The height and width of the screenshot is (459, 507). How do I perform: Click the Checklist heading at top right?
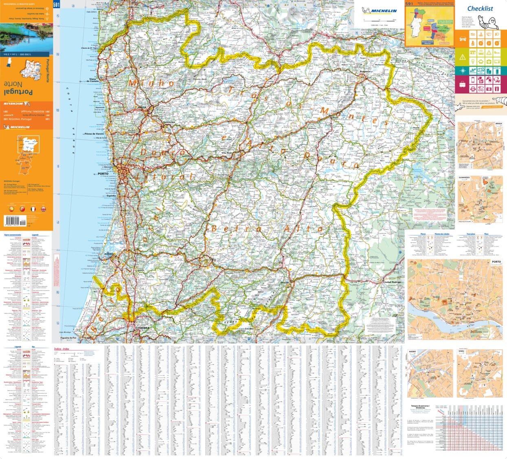tap(480, 9)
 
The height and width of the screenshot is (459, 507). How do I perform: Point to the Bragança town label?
tap(364, 71)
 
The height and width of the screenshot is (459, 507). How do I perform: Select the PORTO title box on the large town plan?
tap(496, 263)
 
